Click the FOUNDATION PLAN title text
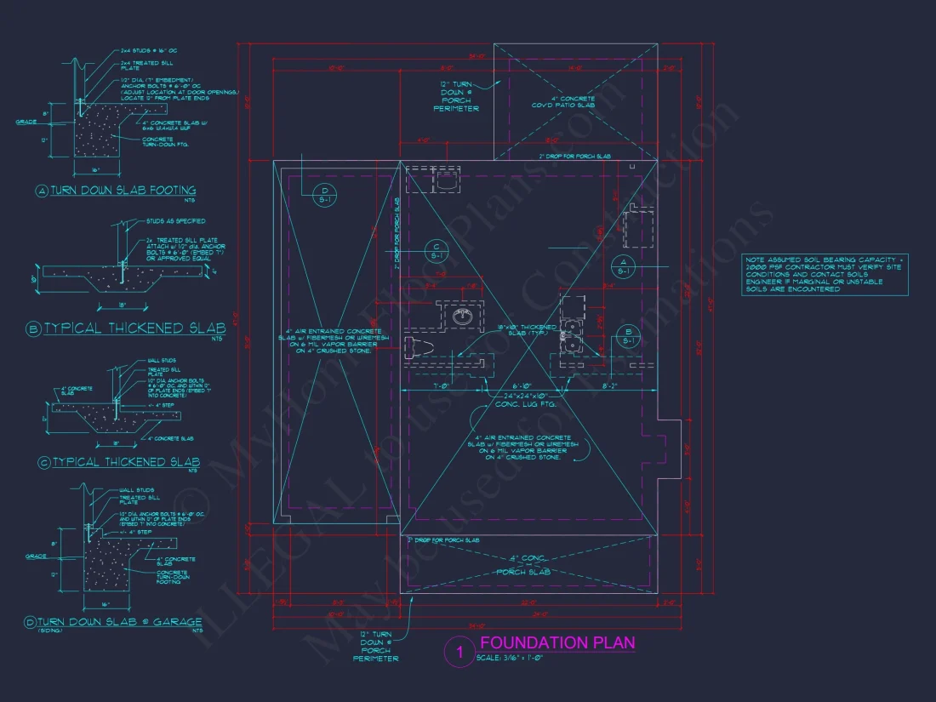(x=557, y=642)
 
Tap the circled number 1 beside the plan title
(x=459, y=653)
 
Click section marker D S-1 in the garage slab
(x=323, y=194)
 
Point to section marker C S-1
(x=436, y=250)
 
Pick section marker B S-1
(x=627, y=335)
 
